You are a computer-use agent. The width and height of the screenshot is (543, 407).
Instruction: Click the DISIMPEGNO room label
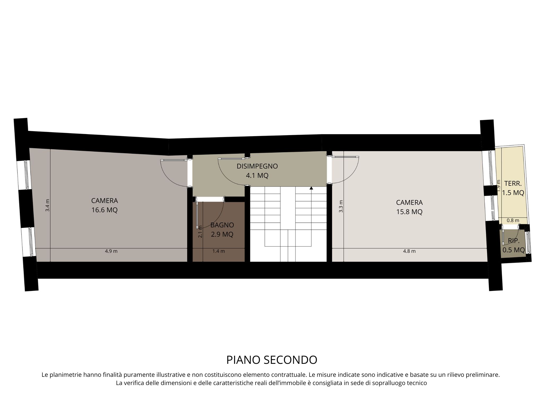pyautogui.click(x=257, y=166)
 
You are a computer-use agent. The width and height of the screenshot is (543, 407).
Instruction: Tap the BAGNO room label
pyautogui.click(x=222, y=225)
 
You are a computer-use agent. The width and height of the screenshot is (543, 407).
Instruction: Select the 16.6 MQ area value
pyautogui.click(x=104, y=210)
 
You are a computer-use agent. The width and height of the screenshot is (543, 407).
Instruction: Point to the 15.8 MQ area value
pyautogui.click(x=409, y=212)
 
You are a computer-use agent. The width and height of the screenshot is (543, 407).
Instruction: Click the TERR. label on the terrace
pyautogui.click(x=513, y=183)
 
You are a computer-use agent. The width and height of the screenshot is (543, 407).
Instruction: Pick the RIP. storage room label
pyautogui.click(x=514, y=241)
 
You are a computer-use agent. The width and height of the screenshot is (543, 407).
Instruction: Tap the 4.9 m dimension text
pyautogui.click(x=111, y=251)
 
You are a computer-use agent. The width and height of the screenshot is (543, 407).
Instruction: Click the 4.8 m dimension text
pyautogui.click(x=409, y=251)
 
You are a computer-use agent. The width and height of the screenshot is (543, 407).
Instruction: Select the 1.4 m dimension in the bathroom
pyautogui.click(x=218, y=251)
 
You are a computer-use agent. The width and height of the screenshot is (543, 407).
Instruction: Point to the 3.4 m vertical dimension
pyautogui.click(x=47, y=205)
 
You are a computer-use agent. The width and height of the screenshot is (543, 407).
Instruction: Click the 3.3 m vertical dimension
pyautogui.click(x=341, y=206)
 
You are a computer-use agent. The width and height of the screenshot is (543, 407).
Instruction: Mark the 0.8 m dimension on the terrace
pyautogui.click(x=513, y=220)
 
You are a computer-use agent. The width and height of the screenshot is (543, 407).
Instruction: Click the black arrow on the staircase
pyautogui.click(x=311, y=188)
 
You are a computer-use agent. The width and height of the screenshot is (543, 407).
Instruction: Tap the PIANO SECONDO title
pyautogui.click(x=272, y=360)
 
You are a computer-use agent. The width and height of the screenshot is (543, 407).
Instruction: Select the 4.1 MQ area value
pyautogui.click(x=257, y=175)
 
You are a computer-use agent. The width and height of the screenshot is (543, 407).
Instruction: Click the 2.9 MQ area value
pyautogui.click(x=222, y=235)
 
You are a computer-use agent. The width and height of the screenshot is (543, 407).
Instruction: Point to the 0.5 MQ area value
pyautogui.click(x=514, y=250)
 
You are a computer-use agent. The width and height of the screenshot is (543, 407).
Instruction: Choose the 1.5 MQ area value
pyautogui.click(x=513, y=193)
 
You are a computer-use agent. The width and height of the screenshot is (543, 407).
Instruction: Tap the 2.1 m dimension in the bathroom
pyautogui.click(x=200, y=232)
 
